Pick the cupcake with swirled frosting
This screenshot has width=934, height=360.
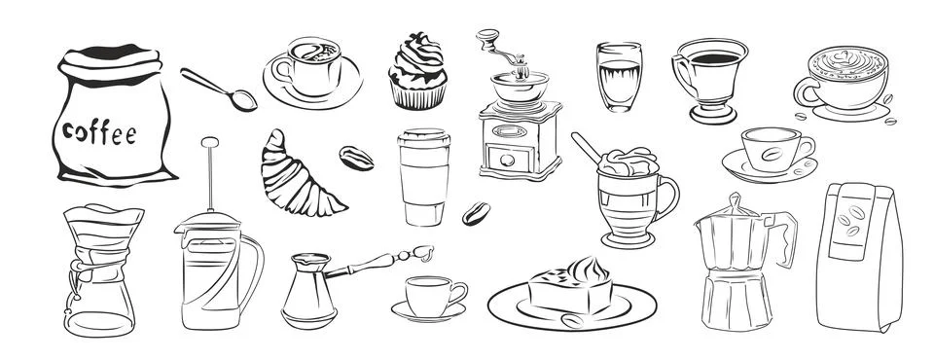[x=417, y=69]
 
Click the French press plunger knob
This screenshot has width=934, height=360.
[x=207, y=142]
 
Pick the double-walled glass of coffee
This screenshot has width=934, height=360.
[x=618, y=78]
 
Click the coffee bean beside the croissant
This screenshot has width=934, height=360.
[x=355, y=158]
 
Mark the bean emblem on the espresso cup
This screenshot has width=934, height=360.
[x=771, y=153]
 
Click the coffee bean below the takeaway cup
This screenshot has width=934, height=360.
[x=476, y=213]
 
